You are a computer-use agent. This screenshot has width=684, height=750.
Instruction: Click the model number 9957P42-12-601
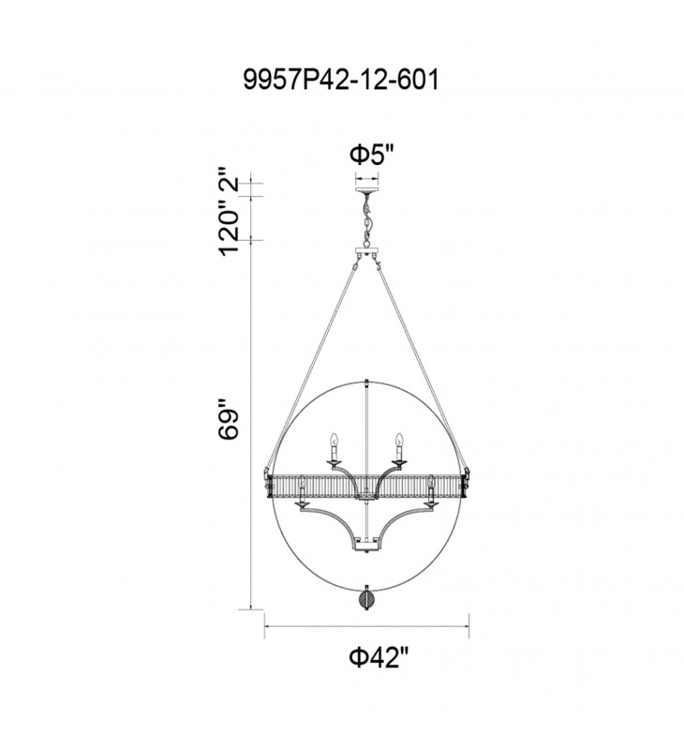(x=341, y=79)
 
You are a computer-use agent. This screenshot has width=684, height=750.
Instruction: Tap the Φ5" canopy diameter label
(x=373, y=155)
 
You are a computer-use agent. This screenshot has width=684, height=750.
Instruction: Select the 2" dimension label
(x=229, y=178)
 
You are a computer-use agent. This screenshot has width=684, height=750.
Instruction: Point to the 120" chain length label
(x=229, y=225)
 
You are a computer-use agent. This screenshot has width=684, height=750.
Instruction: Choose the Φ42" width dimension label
(x=379, y=658)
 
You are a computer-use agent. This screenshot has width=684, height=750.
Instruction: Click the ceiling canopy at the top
(x=366, y=190)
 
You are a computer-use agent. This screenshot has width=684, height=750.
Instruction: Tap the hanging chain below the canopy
(x=366, y=220)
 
